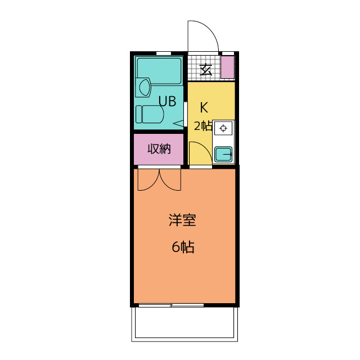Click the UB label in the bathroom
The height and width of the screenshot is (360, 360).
click(167, 102)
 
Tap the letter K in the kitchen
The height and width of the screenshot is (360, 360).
click(204, 106)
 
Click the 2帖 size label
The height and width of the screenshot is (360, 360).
click(202, 125)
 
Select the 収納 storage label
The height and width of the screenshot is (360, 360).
click(159, 149)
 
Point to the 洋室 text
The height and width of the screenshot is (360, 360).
click(182, 220)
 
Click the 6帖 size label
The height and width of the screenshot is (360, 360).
click(182, 247)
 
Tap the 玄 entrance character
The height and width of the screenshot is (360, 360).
click(206, 70)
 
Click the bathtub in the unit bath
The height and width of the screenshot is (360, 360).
click(159, 70)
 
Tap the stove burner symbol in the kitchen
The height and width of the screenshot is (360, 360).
click(223, 129)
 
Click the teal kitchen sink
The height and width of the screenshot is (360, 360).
click(224, 153)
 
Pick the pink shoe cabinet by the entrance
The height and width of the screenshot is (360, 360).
click(227, 67)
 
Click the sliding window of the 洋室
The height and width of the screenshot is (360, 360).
click(171, 305)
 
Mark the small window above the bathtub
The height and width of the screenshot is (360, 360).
click(163, 53)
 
